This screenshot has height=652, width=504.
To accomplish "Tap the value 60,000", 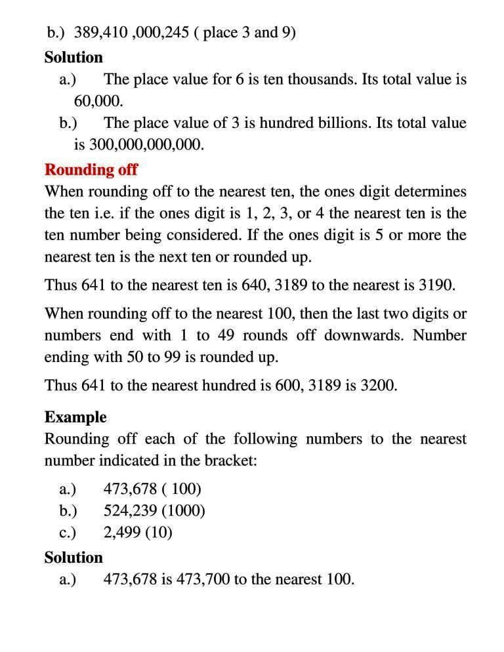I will click(98, 102).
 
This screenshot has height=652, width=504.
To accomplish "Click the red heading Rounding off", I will click(91, 169).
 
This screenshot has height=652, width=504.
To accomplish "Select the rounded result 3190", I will click(437, 286).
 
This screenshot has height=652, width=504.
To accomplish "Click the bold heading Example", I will click(75, 417).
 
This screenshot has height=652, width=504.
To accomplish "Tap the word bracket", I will click(230, 460).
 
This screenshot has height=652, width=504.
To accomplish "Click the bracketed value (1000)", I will click(185, 510).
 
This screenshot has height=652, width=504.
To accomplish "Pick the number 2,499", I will click(121, 532).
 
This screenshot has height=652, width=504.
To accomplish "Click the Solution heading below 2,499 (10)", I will click(73, 558).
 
